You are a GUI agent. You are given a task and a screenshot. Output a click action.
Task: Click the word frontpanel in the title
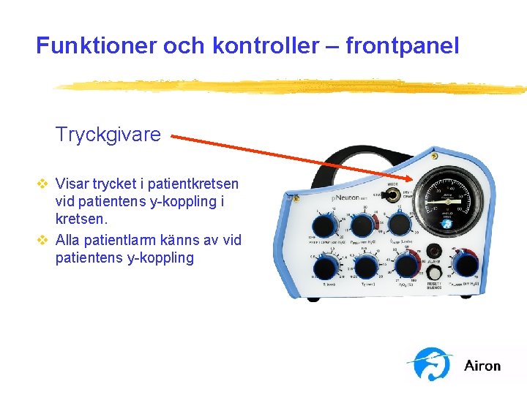[402, 46]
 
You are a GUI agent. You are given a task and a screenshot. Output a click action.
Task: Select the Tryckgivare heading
[108, 135]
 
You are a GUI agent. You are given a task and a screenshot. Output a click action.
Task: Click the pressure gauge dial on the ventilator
[447, 202]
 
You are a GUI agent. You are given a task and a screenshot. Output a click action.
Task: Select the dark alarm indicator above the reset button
[435, 249]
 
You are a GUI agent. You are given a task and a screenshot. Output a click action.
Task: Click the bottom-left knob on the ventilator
[324, 267]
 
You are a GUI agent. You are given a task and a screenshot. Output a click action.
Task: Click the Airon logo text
[482, 365]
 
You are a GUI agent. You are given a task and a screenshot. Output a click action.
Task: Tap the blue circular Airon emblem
[433, 364]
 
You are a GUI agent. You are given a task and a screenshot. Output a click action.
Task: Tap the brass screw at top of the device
[433, 157]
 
